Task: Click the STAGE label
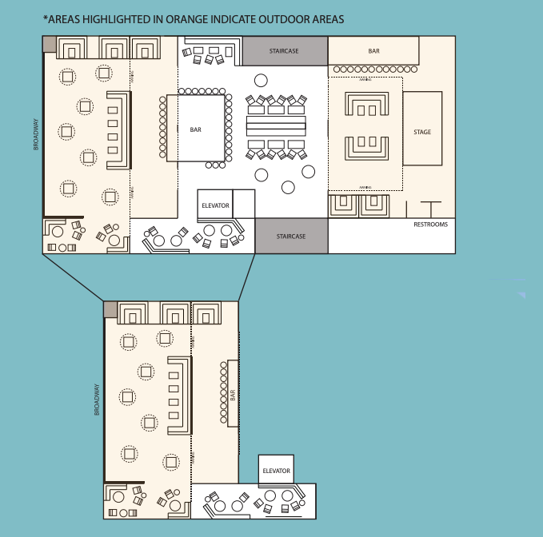(x=422, y=132)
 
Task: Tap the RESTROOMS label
(x=430, y=225)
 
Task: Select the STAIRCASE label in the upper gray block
(x=284, y=51)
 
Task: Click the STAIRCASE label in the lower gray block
(x=291, y=237)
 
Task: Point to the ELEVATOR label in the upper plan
(x=215, y=205)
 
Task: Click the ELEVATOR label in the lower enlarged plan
(x=276, y=471)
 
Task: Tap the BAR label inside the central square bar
(x=196, y=129)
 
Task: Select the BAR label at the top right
(x=373, y=51)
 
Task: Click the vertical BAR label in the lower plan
(x=233, y=395)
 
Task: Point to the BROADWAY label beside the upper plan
(x=36, y=134)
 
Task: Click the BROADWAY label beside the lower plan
(x=98, y=400)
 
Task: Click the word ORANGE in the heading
(x=165, y=18)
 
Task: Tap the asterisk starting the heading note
(x=45, y=17)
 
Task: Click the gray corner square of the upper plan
(x=49, y=43)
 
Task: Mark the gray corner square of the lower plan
(x=110, y=308)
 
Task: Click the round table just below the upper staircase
(x=261, y=81)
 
